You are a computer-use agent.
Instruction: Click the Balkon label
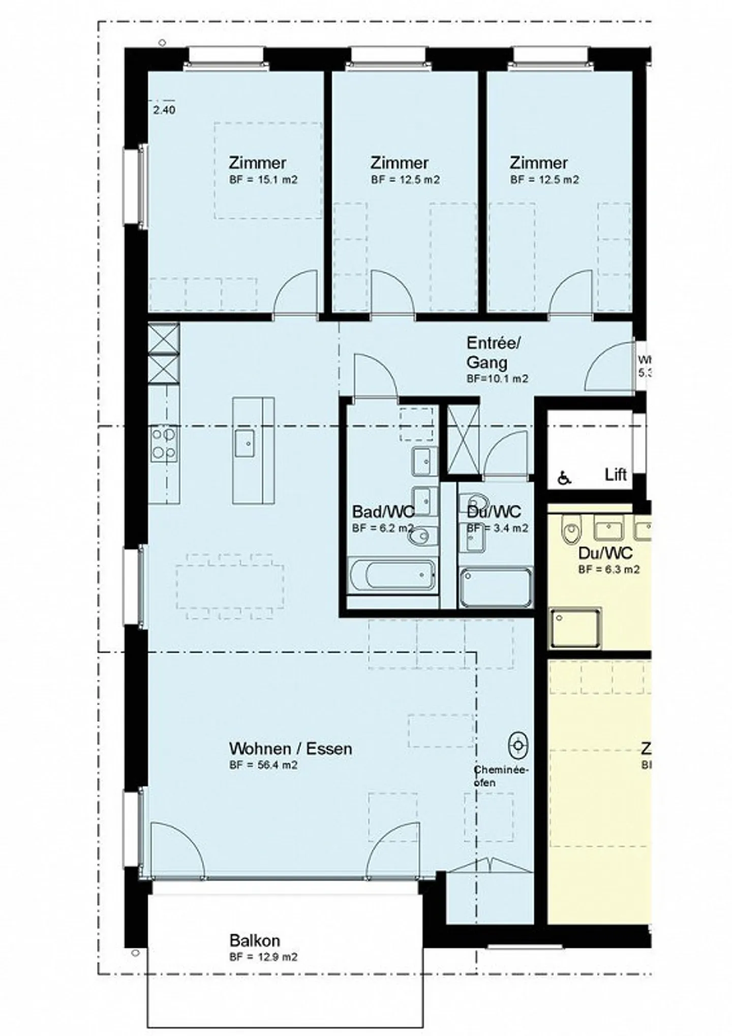point(254,940)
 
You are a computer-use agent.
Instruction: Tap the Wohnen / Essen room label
point(290,748)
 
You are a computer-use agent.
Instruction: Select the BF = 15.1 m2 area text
point(263,180)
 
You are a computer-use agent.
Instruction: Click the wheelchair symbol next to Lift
point(564,478)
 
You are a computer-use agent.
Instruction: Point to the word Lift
point(616,475)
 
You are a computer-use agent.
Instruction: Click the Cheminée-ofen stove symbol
point(518,745)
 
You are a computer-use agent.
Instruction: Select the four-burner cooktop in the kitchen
point(164,444)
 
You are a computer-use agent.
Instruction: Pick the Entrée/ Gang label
point(494,352)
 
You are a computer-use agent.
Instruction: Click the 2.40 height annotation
point(164,110)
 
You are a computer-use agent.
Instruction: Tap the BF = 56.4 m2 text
point(263,765)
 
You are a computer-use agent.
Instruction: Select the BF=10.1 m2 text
point(497,379)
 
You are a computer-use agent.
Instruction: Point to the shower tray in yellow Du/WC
point(575,628)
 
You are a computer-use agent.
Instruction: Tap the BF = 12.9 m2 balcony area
point(263,957)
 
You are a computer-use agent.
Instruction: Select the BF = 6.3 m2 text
point(608,570)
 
